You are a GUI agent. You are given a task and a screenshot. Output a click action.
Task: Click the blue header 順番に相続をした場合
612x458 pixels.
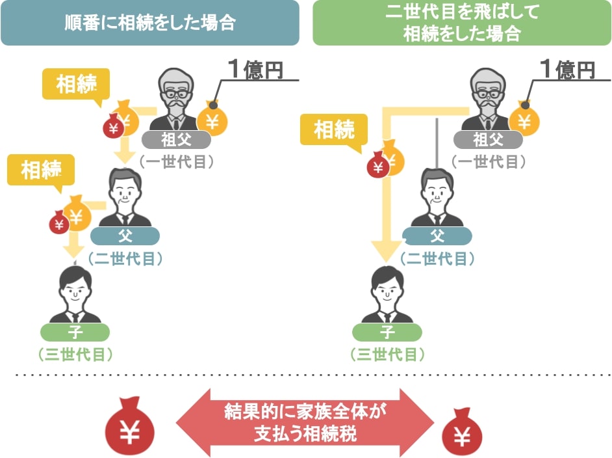[150, 23]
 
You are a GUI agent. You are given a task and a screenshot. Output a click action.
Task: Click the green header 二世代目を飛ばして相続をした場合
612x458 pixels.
[462, 23]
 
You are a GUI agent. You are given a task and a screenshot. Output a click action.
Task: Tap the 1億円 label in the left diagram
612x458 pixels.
[256, 69]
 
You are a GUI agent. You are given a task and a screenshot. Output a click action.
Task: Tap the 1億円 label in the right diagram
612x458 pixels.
[568, 69]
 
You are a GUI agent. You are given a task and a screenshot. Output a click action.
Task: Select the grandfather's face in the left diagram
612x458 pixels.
[176, 92]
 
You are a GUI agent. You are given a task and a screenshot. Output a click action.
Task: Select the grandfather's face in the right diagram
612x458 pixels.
[488, 92]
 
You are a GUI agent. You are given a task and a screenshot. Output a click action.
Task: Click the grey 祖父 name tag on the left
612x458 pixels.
[176, 139]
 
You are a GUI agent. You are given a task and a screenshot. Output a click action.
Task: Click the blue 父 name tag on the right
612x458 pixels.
[437, 236]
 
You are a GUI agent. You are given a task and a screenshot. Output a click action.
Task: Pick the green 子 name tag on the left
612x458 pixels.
[75, 332]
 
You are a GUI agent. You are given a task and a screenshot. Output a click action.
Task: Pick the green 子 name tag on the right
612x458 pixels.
[387, 332]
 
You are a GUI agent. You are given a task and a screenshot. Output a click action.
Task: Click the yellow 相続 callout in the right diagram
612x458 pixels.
[334, 129]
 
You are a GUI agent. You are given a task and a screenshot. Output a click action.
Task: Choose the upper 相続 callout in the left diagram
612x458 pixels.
[76, 84]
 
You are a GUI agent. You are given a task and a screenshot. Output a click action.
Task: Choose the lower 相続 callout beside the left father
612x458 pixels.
[40, 170]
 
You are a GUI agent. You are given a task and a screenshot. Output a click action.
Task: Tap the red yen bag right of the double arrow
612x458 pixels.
[462, 431]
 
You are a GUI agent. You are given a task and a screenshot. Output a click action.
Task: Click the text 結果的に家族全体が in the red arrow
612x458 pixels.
[305, 411]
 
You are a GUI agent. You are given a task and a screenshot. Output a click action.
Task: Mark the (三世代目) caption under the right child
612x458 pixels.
[387, 355]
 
